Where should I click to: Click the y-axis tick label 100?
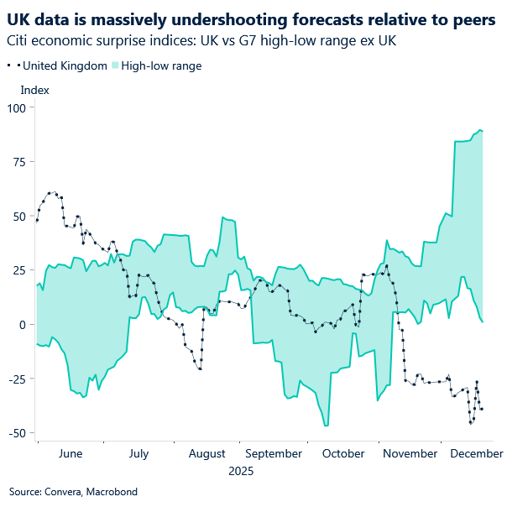tap(17, 107)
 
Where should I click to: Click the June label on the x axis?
tap(71, 454)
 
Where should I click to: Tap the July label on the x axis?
tap(139, 454)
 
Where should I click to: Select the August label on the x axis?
tap(206, 454)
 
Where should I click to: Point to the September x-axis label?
tap(274, 454)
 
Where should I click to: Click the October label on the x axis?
tap(342, 454)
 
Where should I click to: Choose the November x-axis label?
tap(410, 454)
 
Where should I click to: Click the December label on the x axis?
tap(476, 454)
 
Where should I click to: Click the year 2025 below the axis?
tap(241, 472)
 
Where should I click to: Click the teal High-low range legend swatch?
tap(114, 65)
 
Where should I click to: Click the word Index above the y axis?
tap(34, 90)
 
